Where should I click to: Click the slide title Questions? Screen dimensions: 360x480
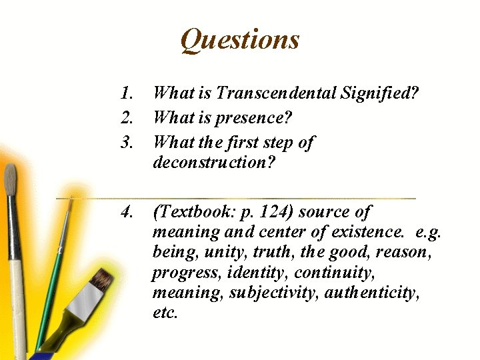coord(240,40)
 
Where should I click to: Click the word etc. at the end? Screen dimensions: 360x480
coord(165,313)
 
